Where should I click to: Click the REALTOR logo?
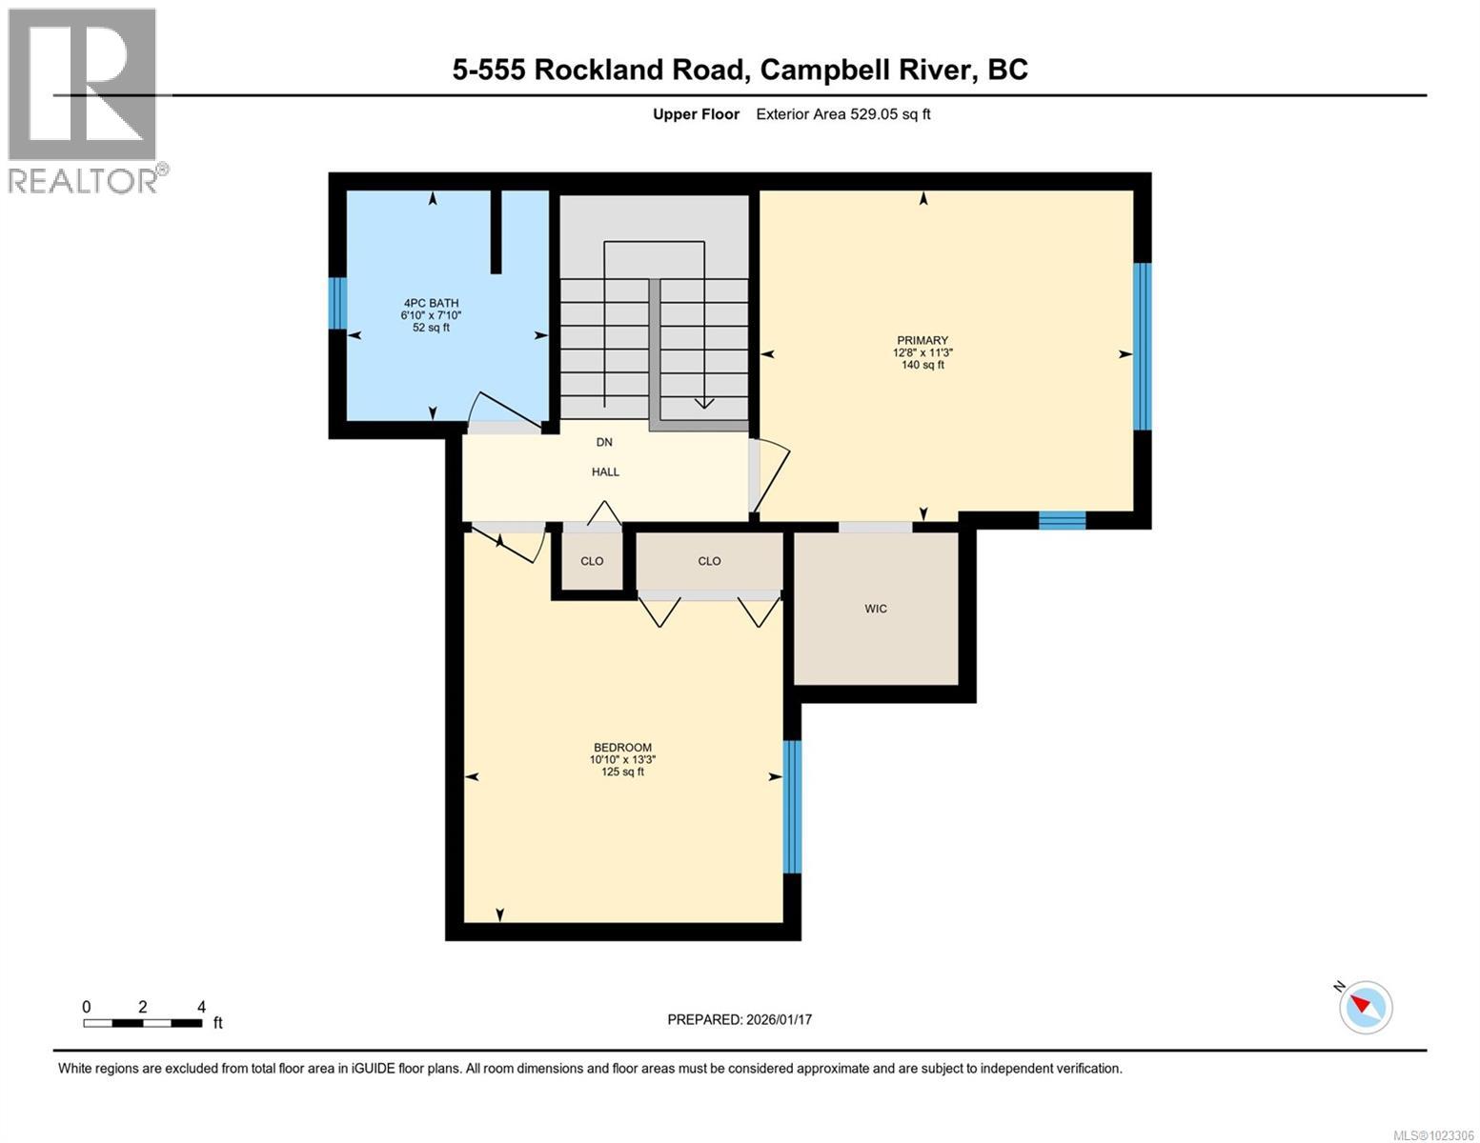pyautogui.click(x=84, y=100)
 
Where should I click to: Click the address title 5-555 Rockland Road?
pyautogui.click(x=740, y=70)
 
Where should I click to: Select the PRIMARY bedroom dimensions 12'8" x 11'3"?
pyautogui.click(x=922, y=352)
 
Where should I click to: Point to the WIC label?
pyautogui.click(x=875, y=609)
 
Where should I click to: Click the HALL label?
pyautogui.click(x=605, y=471)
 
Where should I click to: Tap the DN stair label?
pyautogui.click(x=604, y=442)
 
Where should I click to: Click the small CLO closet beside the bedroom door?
pyautogui.click(x=592, y=561)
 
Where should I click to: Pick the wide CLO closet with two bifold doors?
pyautogui.click(x=709, y=561)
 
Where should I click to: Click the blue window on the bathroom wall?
pyautogui.click(x=336, y=303)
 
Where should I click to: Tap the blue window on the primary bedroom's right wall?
pyautogui.click(x=1142, y=347)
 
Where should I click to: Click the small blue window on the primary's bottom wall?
pyautogui.click(x=1062, y=520)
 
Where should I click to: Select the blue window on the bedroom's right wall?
pyautogui.click(x=792, y=807)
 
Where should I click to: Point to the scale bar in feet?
pyautogui.click(x=143, y=1023)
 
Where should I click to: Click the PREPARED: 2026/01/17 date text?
pyautogui.click(x=740, y=1019)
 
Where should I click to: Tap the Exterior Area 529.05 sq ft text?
pyautogui.click(x=842, y=114)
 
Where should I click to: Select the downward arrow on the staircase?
pyautogui.click(x=703, y=402)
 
